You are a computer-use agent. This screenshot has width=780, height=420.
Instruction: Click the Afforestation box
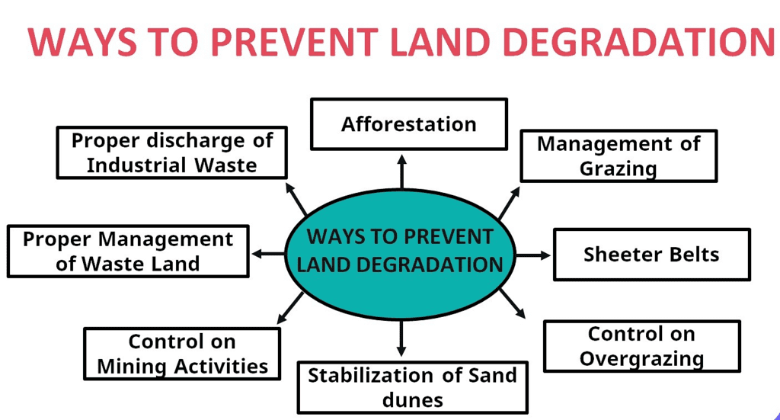pos(409,124)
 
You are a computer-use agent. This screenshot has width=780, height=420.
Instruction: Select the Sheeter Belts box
pos(652,255)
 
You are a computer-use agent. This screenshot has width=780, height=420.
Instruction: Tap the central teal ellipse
pos(401,255)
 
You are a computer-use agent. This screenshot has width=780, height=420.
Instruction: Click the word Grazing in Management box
pos(618,168)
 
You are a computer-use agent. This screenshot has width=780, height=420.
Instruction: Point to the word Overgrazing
pos(641,359)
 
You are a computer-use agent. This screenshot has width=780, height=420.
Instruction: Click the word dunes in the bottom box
pos(412,400)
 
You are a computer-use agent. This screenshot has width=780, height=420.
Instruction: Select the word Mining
pos(132,367)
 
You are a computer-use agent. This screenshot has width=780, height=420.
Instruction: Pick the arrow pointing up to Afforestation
pos(402,172)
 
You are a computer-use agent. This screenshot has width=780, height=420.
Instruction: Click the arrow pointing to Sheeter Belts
pos(533,255)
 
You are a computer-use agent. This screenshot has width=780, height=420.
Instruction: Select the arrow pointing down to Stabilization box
pos(401,338)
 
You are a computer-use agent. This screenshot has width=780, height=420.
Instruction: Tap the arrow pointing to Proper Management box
pos(269,254)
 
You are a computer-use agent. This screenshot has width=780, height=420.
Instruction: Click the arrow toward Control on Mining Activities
pos(290,308)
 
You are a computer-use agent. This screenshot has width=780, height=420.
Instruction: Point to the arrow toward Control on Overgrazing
pos(513,303)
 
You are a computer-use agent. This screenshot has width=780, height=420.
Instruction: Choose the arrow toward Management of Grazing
pos(510,203)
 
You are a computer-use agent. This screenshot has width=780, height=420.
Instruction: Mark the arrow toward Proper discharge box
pos(296,199)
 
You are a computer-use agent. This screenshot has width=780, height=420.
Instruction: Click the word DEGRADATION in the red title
pos(639,42)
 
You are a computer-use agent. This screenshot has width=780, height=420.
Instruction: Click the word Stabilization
pos(372,375)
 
